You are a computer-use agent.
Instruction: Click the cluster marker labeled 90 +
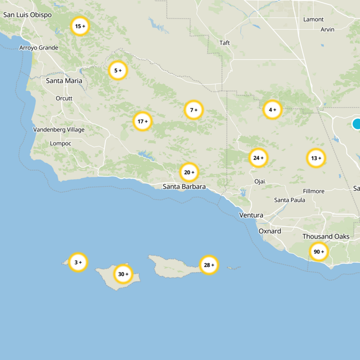pyautogui.click(x=319, y=252)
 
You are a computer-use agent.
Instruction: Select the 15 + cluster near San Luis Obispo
pyautogui.click(x=80, y=27)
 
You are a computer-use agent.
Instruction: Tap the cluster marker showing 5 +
pyautogui.click(x=118, y=71)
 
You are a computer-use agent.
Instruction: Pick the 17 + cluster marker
pyautogui.click(x=142, y=121)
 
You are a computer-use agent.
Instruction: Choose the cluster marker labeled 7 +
pyautogui.click(x=193, y=110)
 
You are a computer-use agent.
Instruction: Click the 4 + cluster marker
pyautogui.click(x=272, y=110)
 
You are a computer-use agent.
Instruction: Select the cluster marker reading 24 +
pyautogui.click(x=258, y=158)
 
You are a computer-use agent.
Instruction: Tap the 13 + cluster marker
pyautogui.click(x=316, y=158)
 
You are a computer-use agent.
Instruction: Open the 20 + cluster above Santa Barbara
pyautogui.click(x=189, y=172)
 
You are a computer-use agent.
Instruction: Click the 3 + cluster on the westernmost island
pyautogui.click(x=78, y=262)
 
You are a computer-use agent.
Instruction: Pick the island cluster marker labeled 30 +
pyautogui.click(x=123, y=274)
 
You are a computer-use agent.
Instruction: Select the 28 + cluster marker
pyautogui.click(x=209, y=265)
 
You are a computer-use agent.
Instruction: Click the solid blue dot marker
pyautogui.click(x=357, y=124)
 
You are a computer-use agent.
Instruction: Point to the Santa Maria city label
pyautogui.click(x=64, y=81)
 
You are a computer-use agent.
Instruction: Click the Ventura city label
pyautogui.click(x=251, y=216)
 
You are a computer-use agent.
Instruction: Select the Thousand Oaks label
pyautogui.click(x=326, y=237)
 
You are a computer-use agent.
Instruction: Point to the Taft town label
pyautogui.click(x=225, y=43)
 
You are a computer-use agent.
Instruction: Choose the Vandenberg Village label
pyautogui.click(x=58, y=130)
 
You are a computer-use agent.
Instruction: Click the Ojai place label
pyautogui.click(x=260, y=181)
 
